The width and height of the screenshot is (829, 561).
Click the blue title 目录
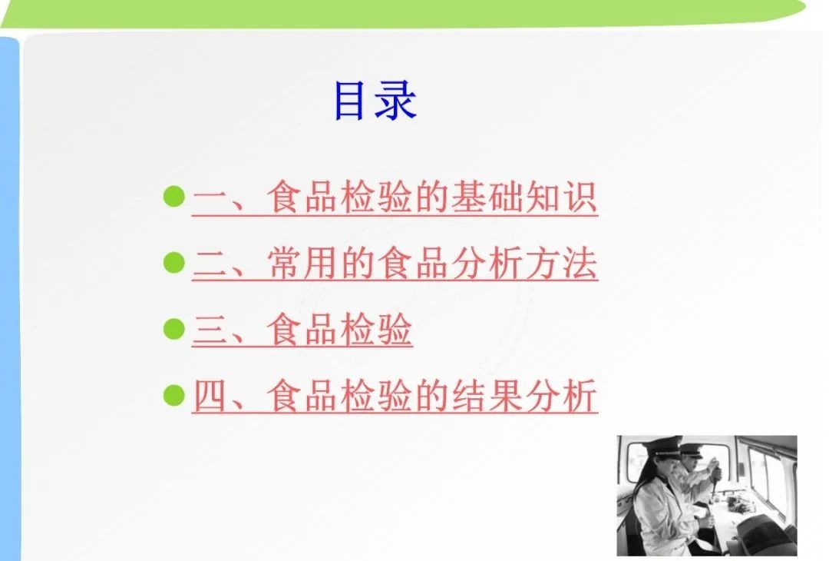click(375, 101)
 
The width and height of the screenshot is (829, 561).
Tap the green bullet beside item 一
click(174, 197)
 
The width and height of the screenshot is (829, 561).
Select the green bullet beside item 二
click(174, 263)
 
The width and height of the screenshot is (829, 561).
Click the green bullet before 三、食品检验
click(174, 329)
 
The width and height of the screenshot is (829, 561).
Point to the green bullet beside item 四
click(174, 395)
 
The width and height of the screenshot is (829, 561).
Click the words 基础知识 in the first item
click(524, 197)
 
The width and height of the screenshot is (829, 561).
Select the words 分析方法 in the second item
click(524, 263)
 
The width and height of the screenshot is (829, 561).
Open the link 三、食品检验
click(302, 329)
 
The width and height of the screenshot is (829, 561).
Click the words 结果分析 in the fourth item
click(524, 395)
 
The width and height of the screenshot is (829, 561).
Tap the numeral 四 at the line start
click(210, 396)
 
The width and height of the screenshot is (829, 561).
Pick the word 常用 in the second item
click(302, 263)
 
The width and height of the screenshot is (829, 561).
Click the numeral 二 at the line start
click(210, 264)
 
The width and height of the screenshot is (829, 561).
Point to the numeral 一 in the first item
click(210, 198)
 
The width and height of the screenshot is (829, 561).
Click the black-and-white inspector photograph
click(707, 496)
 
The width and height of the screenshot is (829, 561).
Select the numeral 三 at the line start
click(210, 330)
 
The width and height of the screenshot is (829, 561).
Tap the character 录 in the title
click(395, 101)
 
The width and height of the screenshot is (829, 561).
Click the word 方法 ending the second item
click(560, 263)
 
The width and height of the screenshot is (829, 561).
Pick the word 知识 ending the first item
click(560, 197)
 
